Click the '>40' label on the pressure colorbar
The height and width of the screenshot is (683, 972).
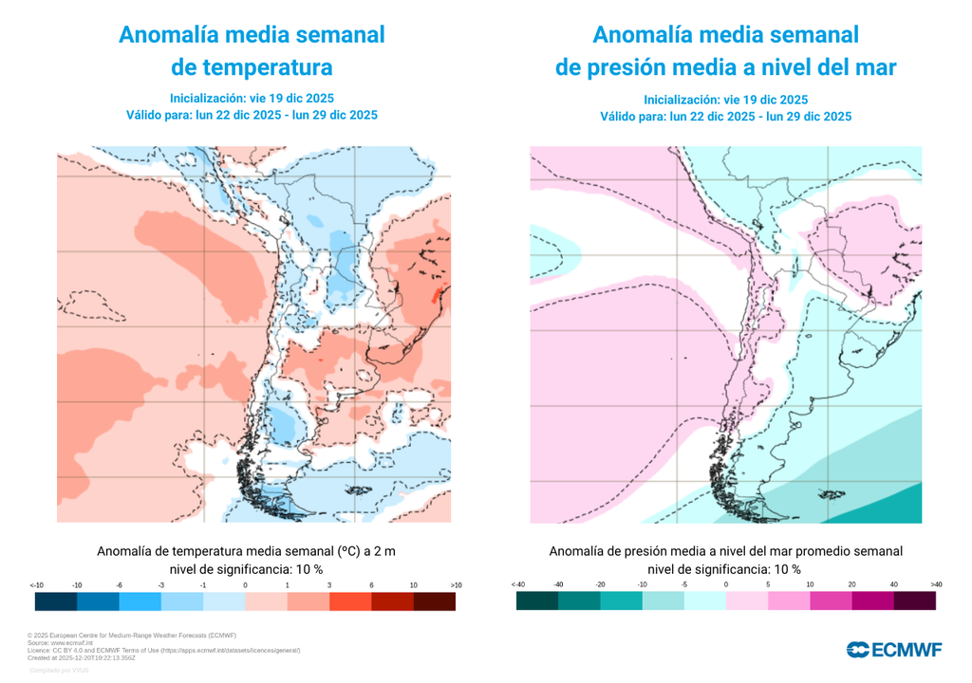pos(936,584)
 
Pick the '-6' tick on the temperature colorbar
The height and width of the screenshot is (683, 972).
pos(119,585)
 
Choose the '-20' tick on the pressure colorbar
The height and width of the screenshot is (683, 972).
pos(601,584)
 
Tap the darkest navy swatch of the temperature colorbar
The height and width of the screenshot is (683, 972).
pos(56,601)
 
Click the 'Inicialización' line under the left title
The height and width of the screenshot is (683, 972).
pos(252,98)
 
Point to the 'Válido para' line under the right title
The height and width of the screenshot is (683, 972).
pos(725,117)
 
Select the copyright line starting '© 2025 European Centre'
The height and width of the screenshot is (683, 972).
pos(131,635)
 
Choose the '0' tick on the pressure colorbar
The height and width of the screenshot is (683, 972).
pos(726,584)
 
